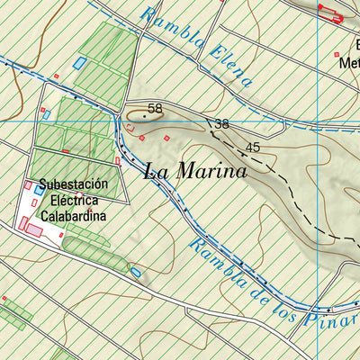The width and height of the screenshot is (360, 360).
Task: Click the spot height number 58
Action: coord(155,108)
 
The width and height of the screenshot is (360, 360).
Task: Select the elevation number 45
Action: coord(252,147)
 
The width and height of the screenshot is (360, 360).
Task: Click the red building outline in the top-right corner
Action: coord(331,12)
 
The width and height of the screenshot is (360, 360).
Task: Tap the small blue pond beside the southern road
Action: coord(136,271)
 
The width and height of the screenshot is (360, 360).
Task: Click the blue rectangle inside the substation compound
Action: coord(39,191)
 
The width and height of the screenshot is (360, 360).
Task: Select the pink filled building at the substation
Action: coord(33,229)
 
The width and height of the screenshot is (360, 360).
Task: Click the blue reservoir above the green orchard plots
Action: coord(80,63)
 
